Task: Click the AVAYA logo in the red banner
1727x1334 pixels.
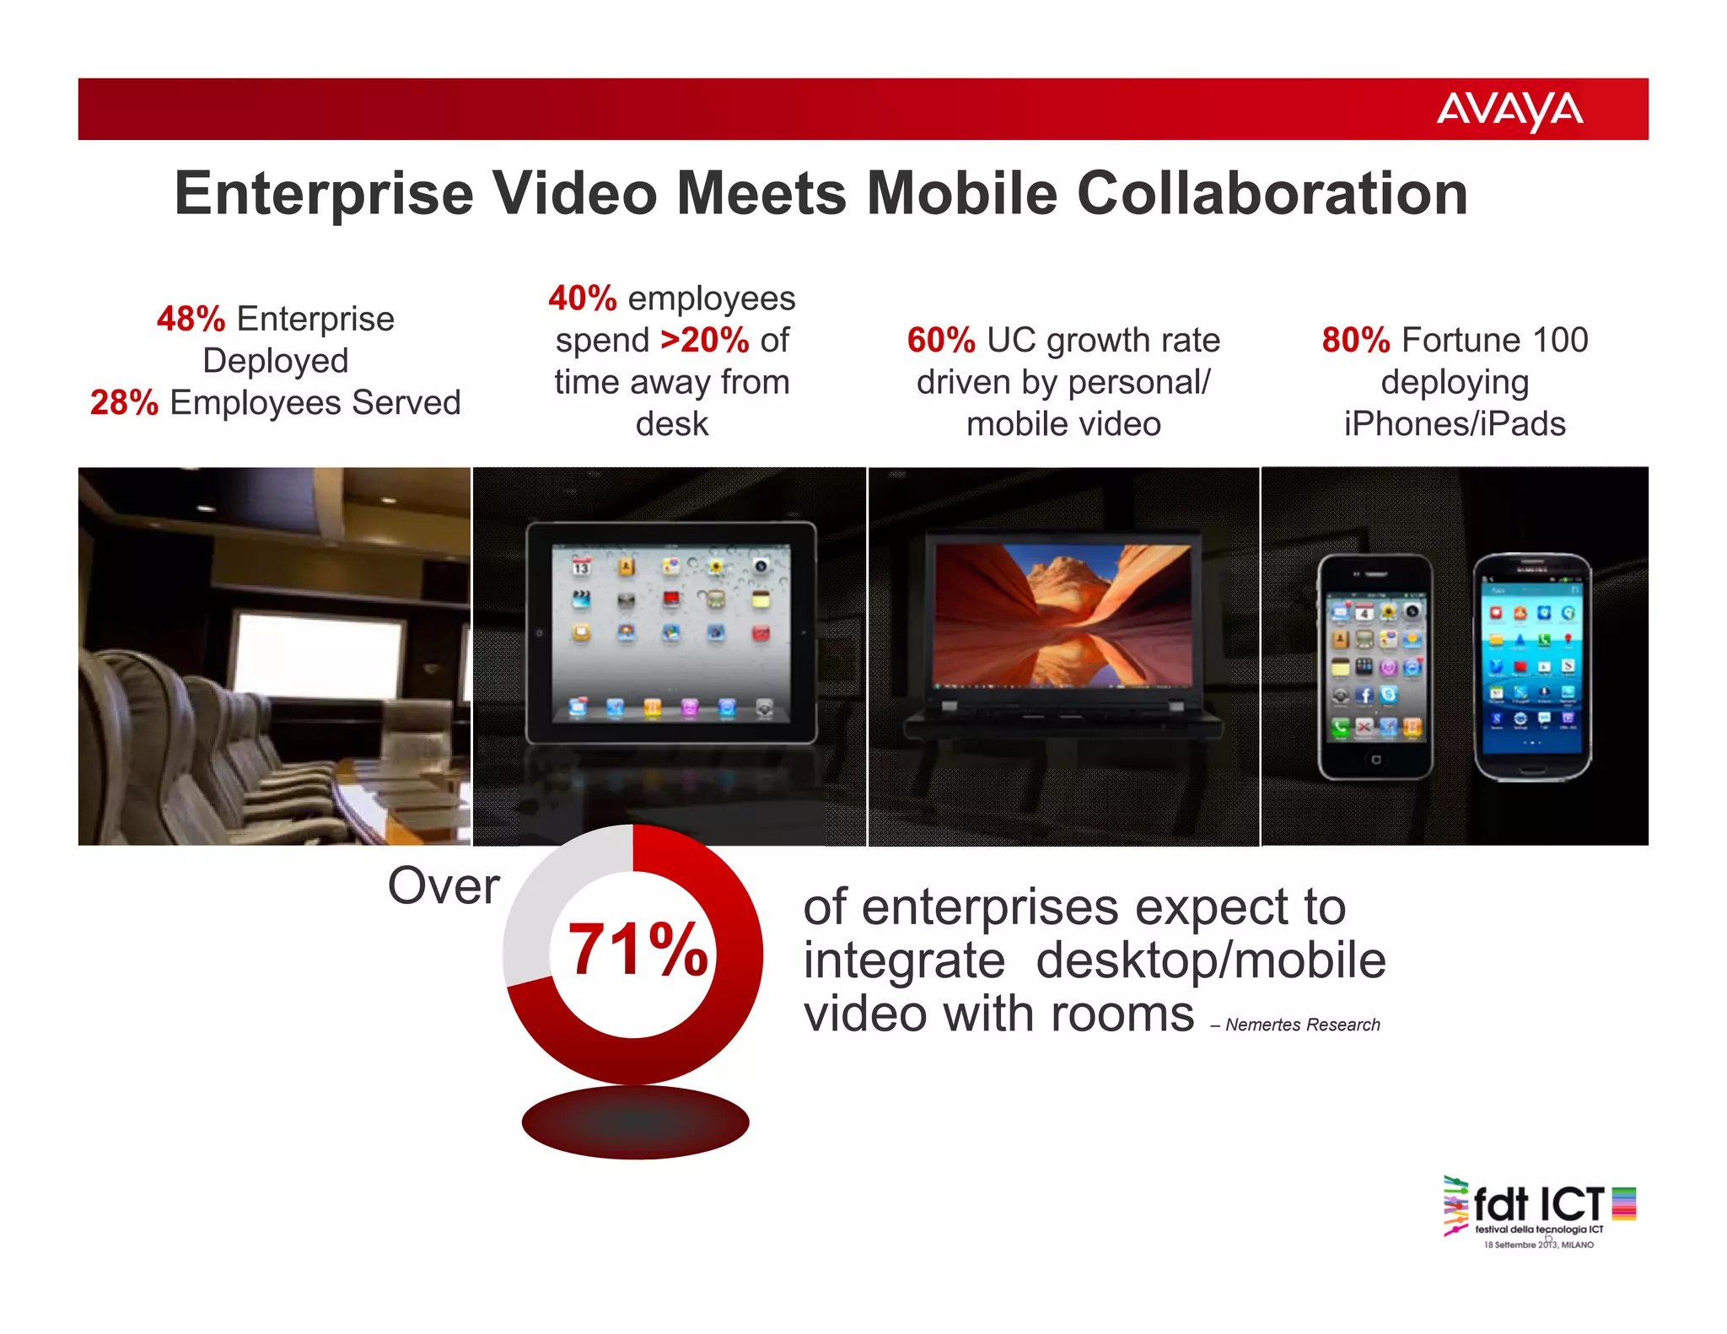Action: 1509,110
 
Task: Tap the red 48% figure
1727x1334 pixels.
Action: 191,320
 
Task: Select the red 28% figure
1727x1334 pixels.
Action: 124,403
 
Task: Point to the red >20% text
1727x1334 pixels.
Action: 705,341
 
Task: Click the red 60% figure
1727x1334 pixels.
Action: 940,341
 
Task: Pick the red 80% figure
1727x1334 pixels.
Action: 1355,341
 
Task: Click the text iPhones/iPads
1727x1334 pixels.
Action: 1455,424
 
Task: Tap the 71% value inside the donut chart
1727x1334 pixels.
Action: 638,950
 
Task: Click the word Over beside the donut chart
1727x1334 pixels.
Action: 444,886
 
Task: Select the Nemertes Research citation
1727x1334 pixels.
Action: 1302,1025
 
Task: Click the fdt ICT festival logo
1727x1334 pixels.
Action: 1539,1210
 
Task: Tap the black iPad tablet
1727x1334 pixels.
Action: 671,632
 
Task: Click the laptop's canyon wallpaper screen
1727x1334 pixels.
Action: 1064,614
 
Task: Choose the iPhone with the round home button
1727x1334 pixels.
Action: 1375,666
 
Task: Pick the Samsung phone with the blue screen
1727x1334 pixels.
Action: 1532,666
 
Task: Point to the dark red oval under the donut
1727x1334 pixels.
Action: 635,1122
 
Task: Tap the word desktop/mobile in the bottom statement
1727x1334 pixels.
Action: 1210,961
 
